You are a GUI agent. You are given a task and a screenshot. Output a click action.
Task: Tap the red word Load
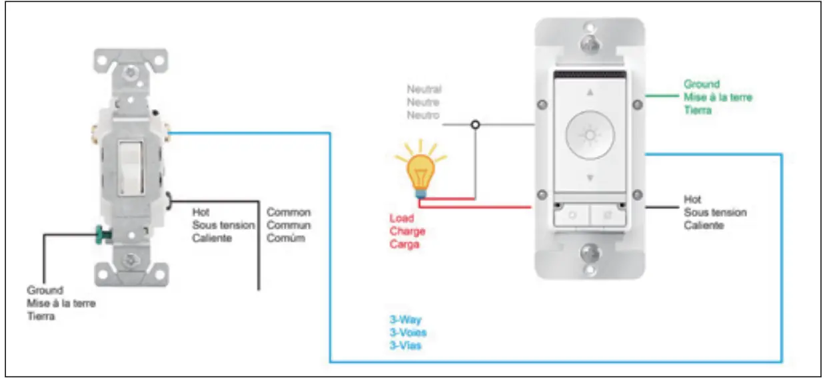pos(401,218)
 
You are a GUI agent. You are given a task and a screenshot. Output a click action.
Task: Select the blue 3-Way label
pos(405,319)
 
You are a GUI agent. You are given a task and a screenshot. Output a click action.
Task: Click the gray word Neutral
pos(424,89)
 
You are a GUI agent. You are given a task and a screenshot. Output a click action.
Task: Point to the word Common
pos(289,212)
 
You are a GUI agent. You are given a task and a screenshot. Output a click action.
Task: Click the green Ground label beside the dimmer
pos(702,85)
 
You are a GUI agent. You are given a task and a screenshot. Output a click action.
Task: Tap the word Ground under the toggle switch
pos(45,291)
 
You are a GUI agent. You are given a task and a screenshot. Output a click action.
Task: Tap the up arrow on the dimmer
pos(589,93)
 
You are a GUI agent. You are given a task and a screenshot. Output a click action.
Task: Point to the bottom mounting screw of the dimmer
pos(589,254)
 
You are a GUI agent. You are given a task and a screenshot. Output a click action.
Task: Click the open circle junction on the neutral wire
pos(474,124)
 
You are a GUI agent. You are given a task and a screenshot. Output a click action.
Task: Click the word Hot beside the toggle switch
pos(201,212)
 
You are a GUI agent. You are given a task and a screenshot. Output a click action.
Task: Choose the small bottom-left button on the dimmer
pos(571,215)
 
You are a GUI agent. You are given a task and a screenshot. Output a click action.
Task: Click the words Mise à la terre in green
pos(718,97)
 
